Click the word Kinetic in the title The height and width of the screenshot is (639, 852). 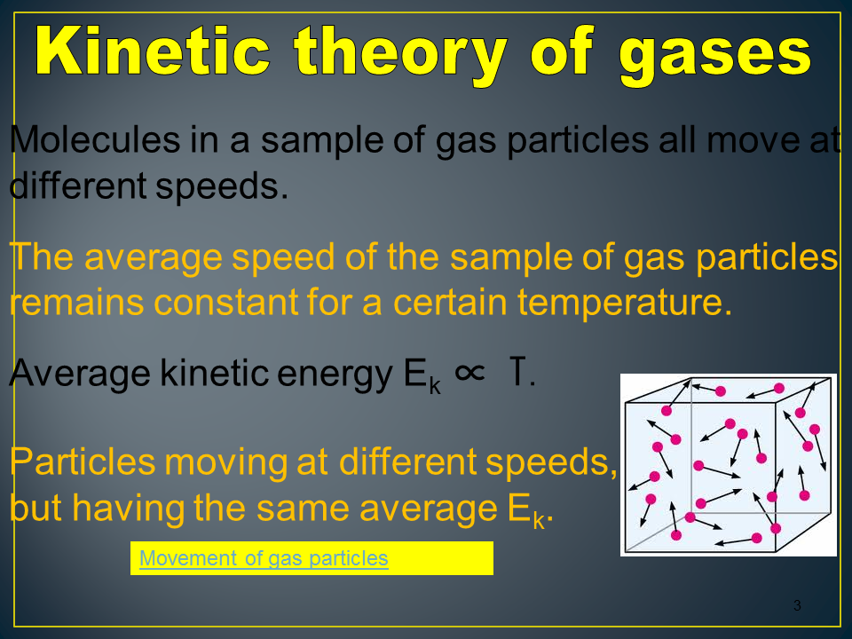153,51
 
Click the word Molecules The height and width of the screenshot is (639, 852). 95,139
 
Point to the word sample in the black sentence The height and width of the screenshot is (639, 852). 321,142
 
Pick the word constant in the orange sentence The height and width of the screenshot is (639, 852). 226,302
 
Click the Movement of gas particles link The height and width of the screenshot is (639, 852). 264,558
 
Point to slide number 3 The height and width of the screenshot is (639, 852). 797,605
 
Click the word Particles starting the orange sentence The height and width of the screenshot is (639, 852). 83,462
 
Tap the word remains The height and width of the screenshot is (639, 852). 77,302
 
